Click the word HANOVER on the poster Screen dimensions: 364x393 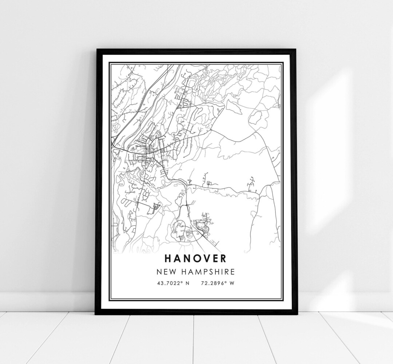tap(195, 258)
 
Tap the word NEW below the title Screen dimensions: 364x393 tap(166, 272)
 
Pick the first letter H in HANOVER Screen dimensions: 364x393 tap(168, 258)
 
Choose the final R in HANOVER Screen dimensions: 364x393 tap(222, 258)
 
